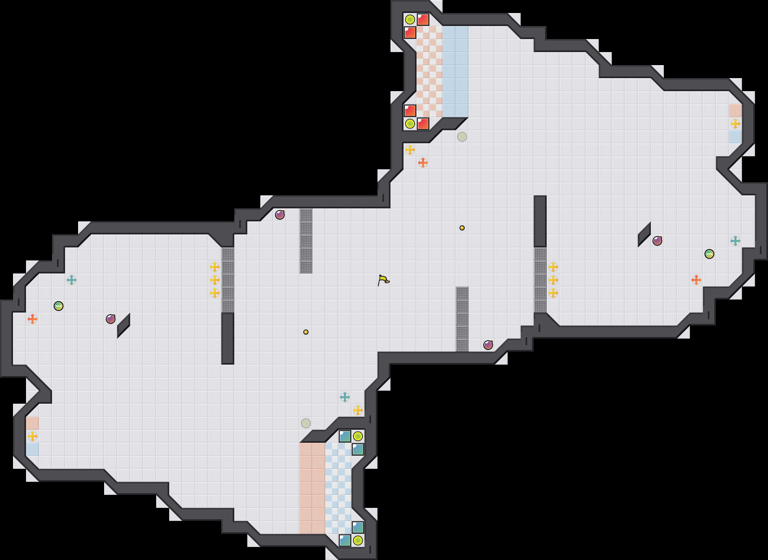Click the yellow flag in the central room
(383, 280)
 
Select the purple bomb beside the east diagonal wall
(657, 241)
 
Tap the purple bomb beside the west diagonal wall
(110, 319)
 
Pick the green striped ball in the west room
(59, 306)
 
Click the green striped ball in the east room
(709, 254)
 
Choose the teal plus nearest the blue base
(345, 397)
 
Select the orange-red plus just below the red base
(423, 163)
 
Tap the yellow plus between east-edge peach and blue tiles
(735, 124)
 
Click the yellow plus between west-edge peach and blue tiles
(33, 436)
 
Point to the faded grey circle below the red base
(462, 137)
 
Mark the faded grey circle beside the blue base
(306, 423)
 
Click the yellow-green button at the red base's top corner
(410, 20)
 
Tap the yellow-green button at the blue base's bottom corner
(358, 540)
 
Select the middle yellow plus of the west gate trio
(215, 280)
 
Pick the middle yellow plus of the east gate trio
(553, 280)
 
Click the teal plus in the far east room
(735, 241)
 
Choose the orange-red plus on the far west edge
(33, 319)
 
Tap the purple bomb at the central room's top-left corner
(280, 215)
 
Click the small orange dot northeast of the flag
(462, 228)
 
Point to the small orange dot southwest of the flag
(306, 332)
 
